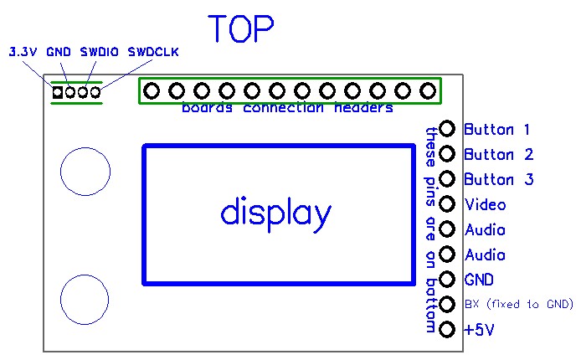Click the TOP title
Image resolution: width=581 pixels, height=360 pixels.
click(241, 29)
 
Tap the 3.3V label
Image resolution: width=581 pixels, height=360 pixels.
click(23, 52)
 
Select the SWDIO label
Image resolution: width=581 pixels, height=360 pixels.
click(99, 52)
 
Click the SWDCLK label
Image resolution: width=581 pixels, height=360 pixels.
click(153, 52)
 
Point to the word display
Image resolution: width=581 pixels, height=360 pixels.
click(275, 213)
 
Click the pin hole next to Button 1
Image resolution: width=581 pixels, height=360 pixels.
click(447, 129)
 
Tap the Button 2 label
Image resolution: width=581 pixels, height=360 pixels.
click(498, 154)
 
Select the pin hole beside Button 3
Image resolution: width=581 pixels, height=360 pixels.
click(447, 179)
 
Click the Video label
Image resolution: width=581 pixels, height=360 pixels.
click(485, 204)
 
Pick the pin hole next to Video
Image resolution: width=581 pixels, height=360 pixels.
click(447, 204)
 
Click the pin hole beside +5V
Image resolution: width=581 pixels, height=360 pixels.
click(447, 330)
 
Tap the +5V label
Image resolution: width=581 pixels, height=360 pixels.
click(479, 330)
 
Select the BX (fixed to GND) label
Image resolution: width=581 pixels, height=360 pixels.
click(518, 304)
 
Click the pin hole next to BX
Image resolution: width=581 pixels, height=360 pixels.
click(447, 305)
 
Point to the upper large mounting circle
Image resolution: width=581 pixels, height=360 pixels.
click(85, 172)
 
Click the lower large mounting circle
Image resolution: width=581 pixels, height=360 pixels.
click(85, 299)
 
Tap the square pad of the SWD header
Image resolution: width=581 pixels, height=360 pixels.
click(57, 91)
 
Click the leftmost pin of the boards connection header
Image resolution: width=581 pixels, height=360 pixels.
click(152, 90)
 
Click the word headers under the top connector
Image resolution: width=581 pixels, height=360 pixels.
click(364, 109)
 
